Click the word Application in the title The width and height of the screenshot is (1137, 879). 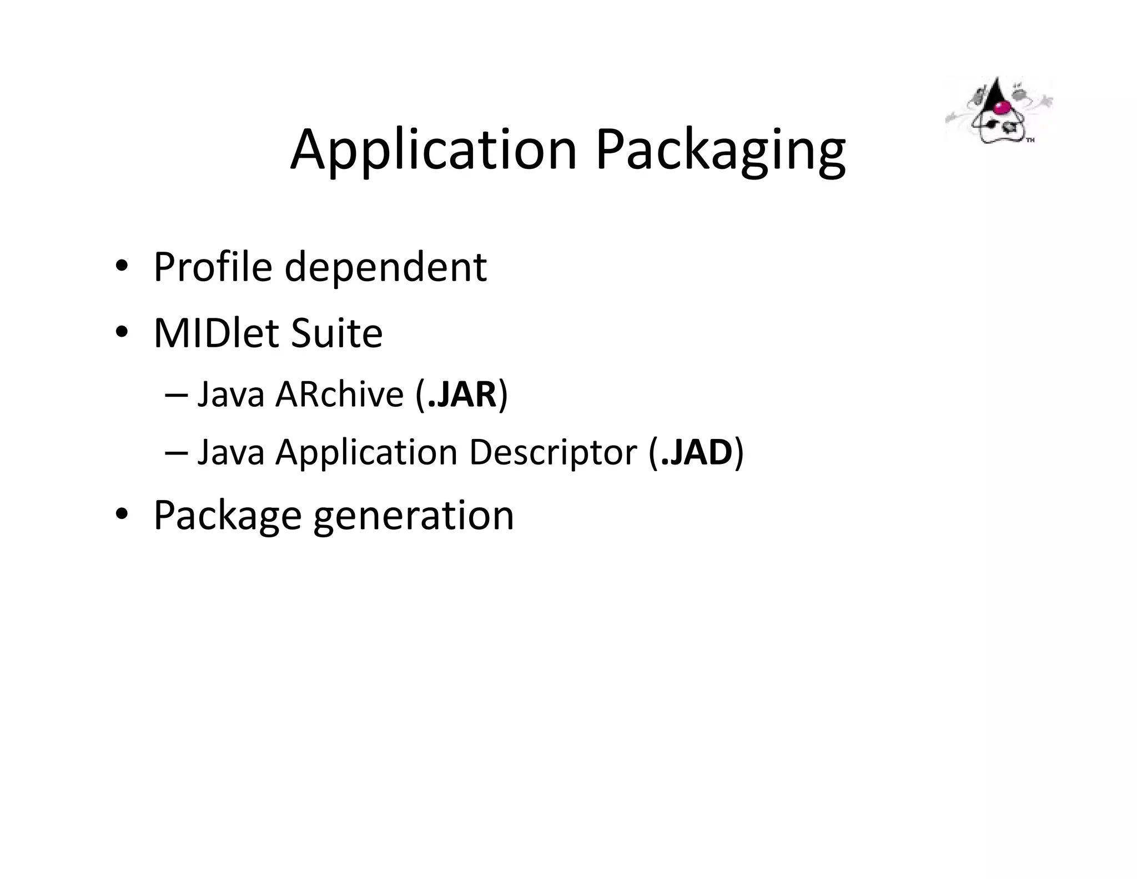pyautogui.click(x=434, y=150)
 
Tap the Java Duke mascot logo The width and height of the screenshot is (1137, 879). pyautogui.click(x=998, y=111)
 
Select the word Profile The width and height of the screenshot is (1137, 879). pyautogui.click(x=213, y=267)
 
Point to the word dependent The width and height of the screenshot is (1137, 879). pyautogui.click(x=385, y=267)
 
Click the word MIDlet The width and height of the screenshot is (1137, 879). pyautogui.click(x=216, y=333)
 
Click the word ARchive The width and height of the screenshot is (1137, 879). pyautogui.click(x=339, y=394)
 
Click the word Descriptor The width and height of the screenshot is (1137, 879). pyautogui.click(x=552, y=453)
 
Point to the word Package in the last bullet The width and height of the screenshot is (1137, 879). pyautogui.click(x=227, y=516)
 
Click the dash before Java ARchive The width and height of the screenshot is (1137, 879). pyautogui.click(x=176, y=396)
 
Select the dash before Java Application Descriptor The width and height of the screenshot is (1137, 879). pyautogui.click(x=176, y=453)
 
